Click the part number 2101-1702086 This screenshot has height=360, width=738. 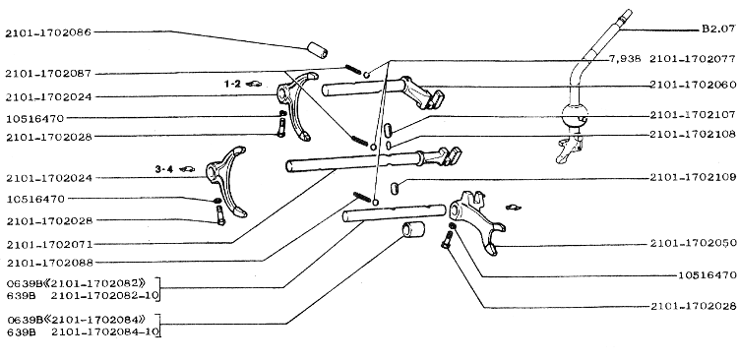pos(48,32)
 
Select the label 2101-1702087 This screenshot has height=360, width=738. pos(48,74)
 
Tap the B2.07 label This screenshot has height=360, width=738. pos(718,29)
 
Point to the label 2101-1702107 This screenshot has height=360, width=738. pos(693,114)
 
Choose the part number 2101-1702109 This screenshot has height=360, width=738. pos(693,177)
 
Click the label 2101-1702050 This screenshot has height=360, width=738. pos(693,243)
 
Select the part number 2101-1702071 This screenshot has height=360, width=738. pos(49,244)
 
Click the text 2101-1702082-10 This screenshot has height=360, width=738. pos(104,295)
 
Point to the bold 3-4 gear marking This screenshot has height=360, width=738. pos(163,168)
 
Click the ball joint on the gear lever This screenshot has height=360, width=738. pos(575,120)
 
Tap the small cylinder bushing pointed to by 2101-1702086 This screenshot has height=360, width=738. pos(318,50)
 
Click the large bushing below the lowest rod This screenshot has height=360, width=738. pos(412,230)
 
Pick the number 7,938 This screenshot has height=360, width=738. pos(625,59)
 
